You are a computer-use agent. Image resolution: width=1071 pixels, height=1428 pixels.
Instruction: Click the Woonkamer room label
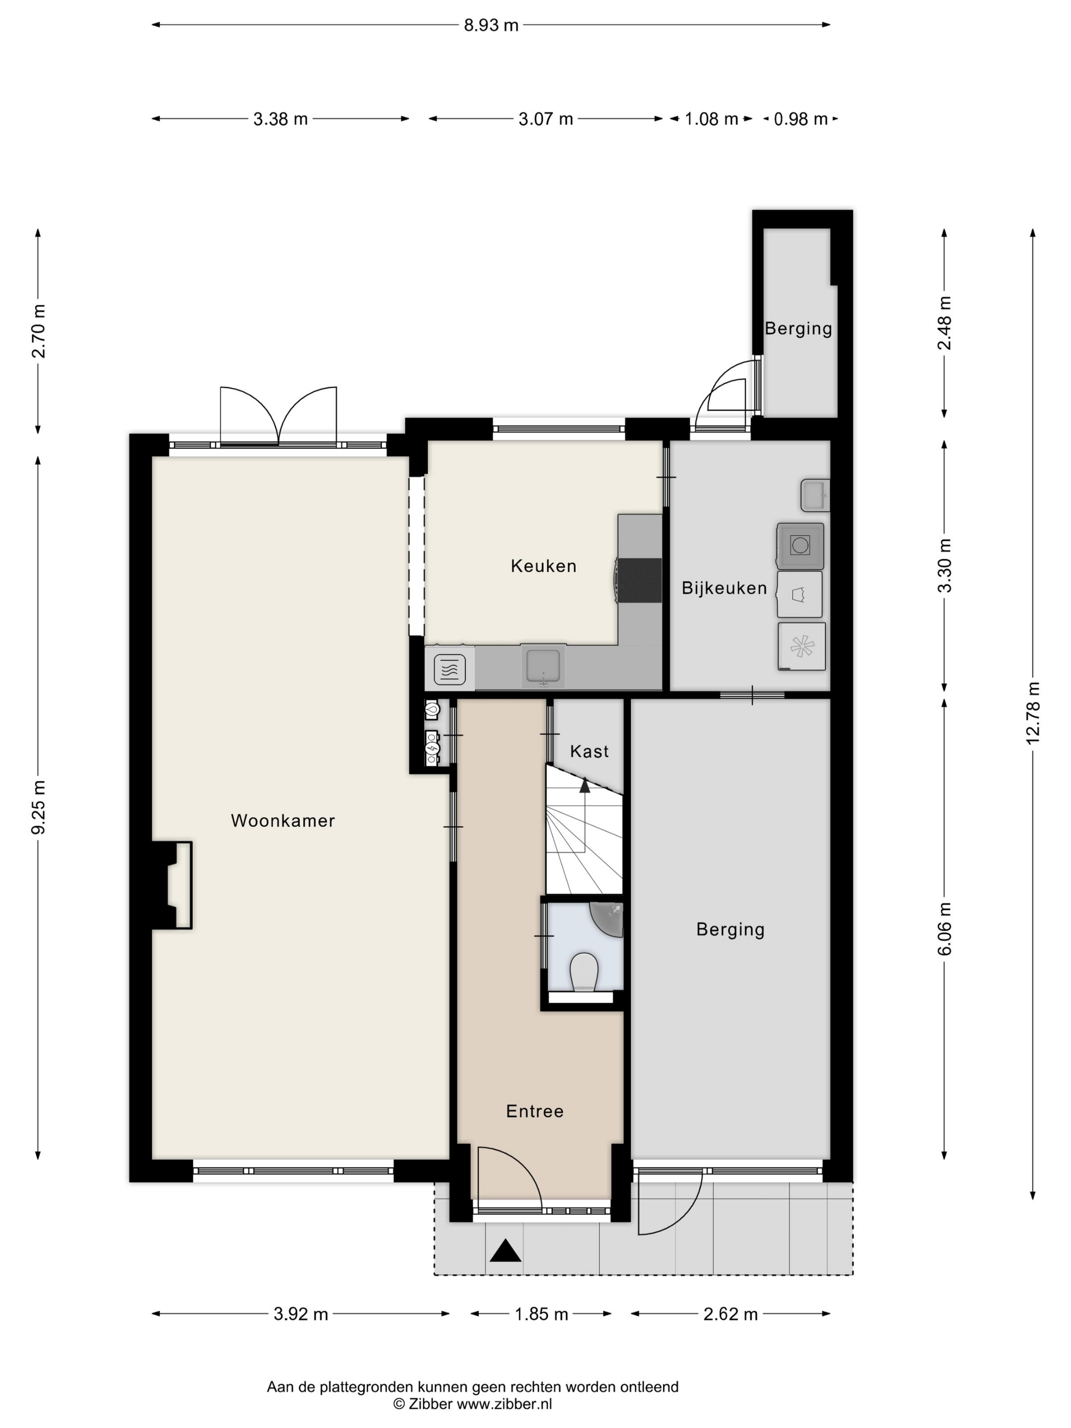pos(283,821)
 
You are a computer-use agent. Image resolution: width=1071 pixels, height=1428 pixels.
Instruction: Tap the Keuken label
pos(544,566)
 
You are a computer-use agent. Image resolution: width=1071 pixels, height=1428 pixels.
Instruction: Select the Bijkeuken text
pos(724,588)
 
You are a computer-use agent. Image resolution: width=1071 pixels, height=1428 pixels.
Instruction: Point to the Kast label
pos(590,751)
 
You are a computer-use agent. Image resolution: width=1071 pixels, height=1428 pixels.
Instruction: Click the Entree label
pos(535,1111)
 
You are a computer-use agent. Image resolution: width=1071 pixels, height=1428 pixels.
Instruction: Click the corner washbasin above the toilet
pos(608,918)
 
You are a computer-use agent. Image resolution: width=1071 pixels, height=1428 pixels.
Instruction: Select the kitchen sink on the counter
pos(544,666)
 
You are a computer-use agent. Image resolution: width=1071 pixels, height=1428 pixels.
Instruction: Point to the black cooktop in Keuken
pos(639,581)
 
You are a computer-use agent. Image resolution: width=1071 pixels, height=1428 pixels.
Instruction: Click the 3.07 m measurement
pos(546,119)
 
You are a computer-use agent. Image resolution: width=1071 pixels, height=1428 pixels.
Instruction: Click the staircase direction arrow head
pos(585,785)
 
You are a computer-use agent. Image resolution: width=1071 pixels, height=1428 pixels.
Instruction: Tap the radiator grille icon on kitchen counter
pos(450,670)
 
